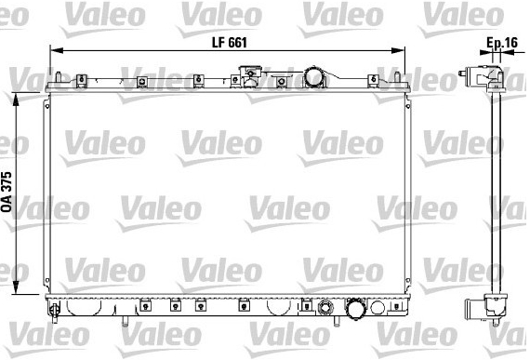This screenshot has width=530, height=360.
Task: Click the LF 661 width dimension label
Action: coord(229,43)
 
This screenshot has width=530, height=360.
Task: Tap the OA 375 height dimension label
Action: coord(7,192)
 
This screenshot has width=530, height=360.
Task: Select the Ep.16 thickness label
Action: coord(502,43)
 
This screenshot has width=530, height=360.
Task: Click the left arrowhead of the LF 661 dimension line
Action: coord(57,51)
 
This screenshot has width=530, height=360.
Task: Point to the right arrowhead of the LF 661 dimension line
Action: coord(398,51)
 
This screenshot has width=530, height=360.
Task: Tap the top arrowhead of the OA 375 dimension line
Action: coord(16,99)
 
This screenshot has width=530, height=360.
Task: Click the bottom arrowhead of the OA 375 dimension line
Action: coord(16,287)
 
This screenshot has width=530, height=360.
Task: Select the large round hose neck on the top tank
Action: coord(313,77)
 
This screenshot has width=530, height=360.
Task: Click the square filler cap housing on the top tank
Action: coord(250,75)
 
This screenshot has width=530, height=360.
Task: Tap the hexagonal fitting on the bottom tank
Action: coord(325,308)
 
